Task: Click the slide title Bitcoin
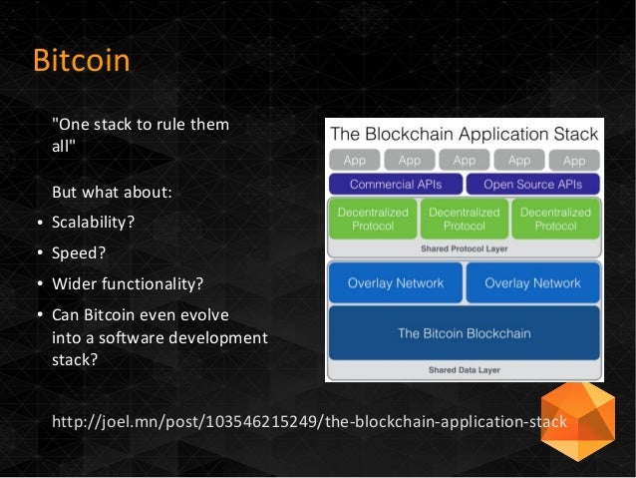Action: click(x=82, y=61)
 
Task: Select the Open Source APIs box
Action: click(x=532, y=185)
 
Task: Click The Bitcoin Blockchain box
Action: click(x=464, y=333)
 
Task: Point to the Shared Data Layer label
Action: click(x=464, y=370)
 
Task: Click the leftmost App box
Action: click(x=355, y=160)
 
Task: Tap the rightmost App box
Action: click(x=574, y=160)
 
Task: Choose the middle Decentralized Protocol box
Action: click(x=464, y=220)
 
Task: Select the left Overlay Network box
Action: click(x=396, y=283)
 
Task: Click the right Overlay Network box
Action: click(x=532, y=283)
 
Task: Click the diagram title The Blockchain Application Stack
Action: click(x=464, y=134)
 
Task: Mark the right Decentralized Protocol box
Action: click(x=555, y=220)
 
